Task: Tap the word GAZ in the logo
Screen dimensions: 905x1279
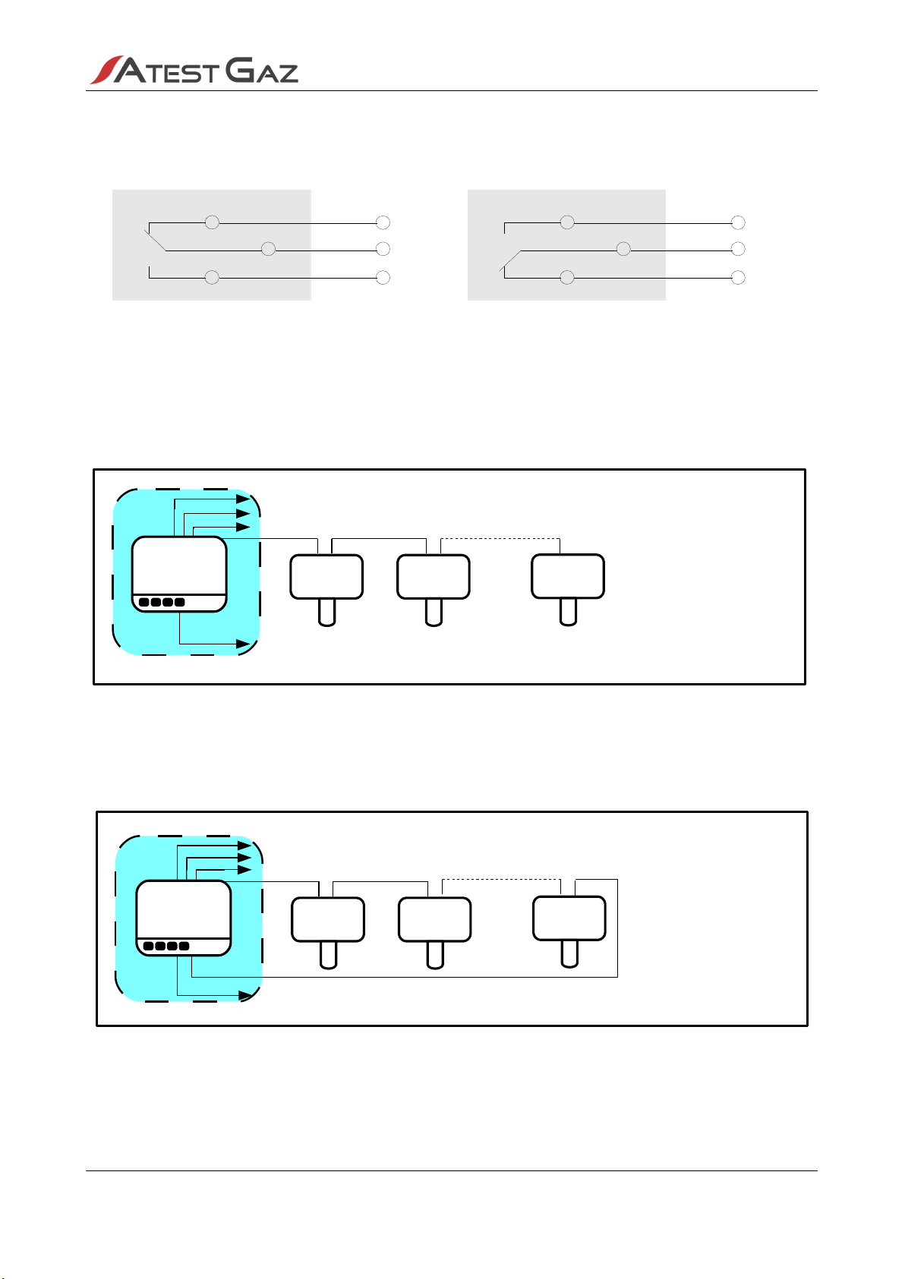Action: [x=261, y=71]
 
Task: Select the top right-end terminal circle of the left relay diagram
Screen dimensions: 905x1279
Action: [x=383, y=222]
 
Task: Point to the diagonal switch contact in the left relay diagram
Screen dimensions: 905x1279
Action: [x=156, y=240]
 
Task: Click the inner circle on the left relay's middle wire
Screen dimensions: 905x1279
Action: [x=268, y=249]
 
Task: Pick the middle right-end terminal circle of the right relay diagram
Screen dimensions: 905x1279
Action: [x=738, y=249]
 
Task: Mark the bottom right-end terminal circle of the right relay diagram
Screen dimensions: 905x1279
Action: [x=738, y=278]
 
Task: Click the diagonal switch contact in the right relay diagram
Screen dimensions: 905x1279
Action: [x=510, y=260]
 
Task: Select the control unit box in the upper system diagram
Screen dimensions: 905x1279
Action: [x=179, y=574]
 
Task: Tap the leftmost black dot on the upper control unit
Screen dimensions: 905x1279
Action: [x=144, y=602]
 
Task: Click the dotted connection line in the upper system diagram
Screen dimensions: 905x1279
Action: [x=500, y=538]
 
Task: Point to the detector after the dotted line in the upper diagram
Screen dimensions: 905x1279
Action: [x=568, y=589]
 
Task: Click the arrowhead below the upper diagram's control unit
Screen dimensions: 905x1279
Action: [x=243, y=644]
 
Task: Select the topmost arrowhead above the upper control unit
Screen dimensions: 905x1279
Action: [x=243, y=499]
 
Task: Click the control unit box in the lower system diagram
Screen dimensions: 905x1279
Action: [x=183, y=918]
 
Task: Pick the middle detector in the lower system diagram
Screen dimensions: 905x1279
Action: [x=435, y=933]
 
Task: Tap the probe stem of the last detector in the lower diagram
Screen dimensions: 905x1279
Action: [x=570, y=954]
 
